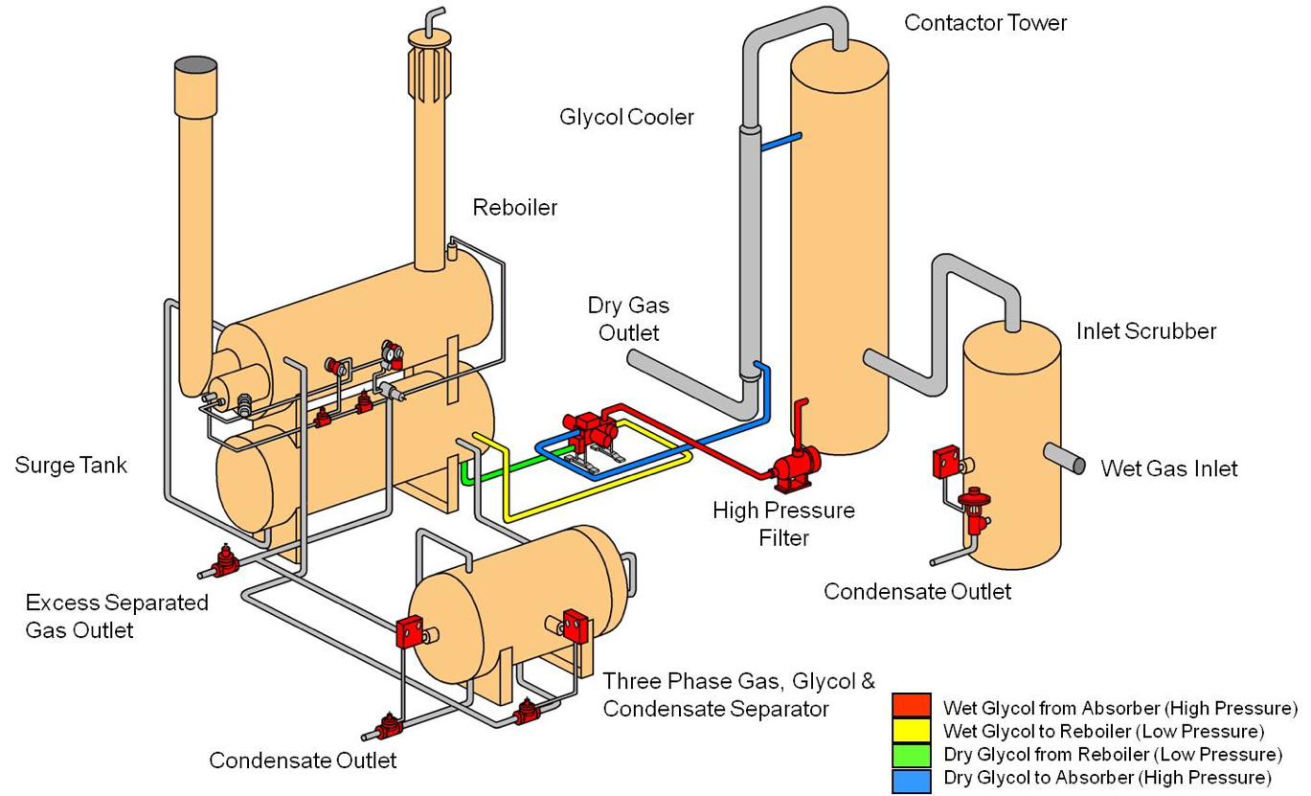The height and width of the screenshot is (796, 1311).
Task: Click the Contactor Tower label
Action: pos(984,23)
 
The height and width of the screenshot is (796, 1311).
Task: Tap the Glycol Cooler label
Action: pos(626,117)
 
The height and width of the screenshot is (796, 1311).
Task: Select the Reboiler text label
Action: pos(514,207)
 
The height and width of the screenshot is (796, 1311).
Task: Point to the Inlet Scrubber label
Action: pos(1145,331)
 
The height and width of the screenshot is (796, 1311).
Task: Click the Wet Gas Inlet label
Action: pos(1168,468)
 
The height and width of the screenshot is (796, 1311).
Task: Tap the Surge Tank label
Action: pos(71,466)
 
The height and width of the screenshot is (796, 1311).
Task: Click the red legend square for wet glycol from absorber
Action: pos(911,708)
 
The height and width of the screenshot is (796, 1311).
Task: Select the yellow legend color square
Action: pos(911,731)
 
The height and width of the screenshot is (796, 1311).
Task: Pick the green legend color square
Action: pos(911,754)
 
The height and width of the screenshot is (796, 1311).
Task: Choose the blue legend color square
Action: pos(911,777)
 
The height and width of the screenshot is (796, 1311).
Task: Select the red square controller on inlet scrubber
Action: pos(946,463)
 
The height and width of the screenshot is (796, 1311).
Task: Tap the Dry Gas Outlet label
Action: pos(628,319)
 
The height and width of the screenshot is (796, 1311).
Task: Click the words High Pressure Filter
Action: pos(783,523)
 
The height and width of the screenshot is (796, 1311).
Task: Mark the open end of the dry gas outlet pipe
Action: pos(634,357)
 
